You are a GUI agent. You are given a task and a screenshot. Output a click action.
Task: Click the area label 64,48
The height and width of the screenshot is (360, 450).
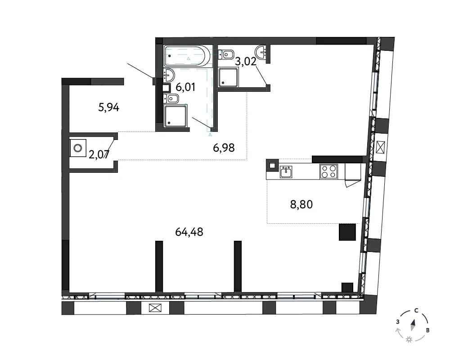point(189,232)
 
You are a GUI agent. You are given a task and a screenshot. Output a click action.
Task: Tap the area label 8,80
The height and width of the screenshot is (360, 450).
point(301,204)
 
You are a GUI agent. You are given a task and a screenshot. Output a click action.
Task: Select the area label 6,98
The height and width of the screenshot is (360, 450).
point(224,148)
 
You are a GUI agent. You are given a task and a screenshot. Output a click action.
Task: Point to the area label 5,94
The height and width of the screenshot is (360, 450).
point(108,108)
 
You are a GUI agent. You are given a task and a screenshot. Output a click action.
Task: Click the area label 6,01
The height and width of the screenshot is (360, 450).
point(185,87)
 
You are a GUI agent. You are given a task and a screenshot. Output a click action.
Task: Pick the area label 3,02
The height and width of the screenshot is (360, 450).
point(245,61)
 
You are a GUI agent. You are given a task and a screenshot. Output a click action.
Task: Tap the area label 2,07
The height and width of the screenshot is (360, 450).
point(99,155)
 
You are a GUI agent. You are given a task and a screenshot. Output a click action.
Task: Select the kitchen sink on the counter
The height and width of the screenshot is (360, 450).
point(286,172)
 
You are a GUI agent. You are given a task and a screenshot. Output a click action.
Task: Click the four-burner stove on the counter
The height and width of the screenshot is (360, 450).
point(328,171)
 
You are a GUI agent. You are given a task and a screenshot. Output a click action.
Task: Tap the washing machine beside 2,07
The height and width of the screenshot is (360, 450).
point(78,148)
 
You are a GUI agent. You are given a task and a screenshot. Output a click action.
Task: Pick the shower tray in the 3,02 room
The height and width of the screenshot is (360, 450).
point(228,77)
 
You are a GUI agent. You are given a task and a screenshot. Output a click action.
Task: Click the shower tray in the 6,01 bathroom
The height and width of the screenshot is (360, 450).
point(175,116)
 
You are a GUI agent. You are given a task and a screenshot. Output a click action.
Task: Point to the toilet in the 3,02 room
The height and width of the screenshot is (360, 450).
point(226,54)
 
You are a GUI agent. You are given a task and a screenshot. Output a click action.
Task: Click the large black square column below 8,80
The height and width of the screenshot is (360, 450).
point(347,232)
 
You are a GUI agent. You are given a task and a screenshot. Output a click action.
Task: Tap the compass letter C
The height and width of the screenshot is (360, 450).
point(416,310)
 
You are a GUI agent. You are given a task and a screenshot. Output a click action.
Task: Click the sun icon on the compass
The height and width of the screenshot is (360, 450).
point(409,340)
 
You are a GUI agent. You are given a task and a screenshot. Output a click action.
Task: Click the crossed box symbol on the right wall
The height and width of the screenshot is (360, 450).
point(380,147)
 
